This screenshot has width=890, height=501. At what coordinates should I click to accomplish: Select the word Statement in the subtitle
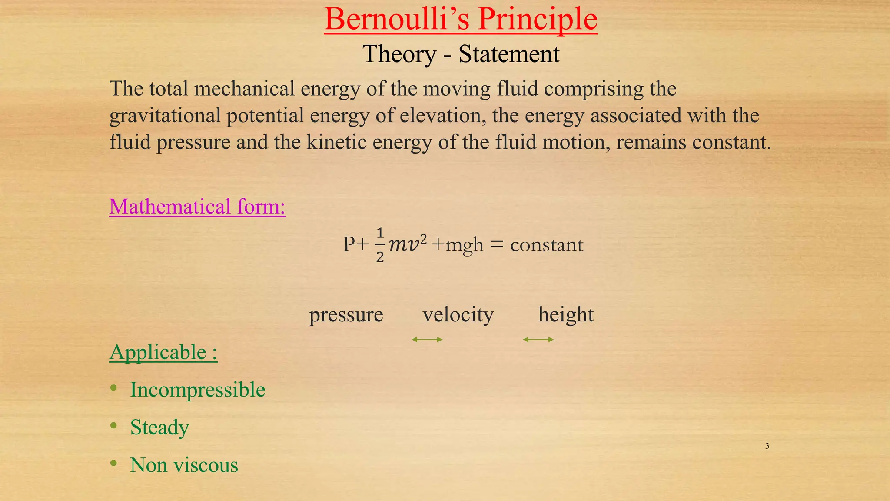[x=509, y=54]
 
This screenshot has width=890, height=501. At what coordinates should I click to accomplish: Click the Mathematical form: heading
[x=197, y=207]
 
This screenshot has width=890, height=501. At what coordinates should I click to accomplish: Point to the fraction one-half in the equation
[x=380, y=245]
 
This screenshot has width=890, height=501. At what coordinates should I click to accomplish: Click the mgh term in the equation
[x=465, y=245]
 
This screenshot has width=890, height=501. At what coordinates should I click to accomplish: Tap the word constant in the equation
[x=547, y=245]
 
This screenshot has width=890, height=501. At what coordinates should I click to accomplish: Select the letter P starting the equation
[x=349, y=244]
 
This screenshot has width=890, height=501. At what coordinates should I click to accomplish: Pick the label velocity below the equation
[x=458, y=314]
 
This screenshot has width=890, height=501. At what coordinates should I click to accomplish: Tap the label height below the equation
[x=566, y=314]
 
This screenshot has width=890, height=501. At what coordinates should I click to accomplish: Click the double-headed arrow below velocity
[x=427, y=340]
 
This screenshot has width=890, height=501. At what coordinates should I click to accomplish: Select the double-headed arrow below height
[x=538, y=340]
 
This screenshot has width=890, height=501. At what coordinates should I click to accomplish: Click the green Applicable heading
[x=163, y=352]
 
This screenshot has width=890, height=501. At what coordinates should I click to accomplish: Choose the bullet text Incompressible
[x=198, y=390]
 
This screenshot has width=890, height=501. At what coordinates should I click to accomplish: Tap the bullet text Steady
[x=159, y=428]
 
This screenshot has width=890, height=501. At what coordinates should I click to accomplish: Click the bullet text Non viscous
[x=184, y=465]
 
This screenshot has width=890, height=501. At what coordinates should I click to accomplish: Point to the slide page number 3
[x=767, y=446]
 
